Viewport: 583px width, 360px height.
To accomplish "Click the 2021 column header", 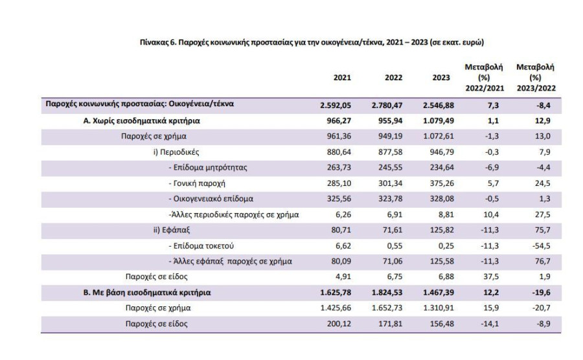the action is (x=342, y=78).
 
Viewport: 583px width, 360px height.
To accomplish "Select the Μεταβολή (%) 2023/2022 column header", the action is (x=536, y=78).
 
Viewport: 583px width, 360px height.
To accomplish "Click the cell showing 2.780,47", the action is (x=387, y=106).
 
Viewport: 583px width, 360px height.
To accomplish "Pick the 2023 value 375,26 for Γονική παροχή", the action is (x=442, y=183).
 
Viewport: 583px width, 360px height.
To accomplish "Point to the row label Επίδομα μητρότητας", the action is (x=208, y=168).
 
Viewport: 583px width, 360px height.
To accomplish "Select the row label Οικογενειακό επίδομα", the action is (x=211, y=199).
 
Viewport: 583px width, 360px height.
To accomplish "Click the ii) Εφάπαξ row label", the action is (x=172, y=230).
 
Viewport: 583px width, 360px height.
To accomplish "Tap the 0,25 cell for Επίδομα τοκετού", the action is (x=446, y=246).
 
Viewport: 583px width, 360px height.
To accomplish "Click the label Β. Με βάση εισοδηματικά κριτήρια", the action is (x=147, y=293).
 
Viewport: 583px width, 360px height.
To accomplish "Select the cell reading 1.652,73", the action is (x=387, y=308).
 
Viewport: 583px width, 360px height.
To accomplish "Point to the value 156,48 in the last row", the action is (x=442, y=324).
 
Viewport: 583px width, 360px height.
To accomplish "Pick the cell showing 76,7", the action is (x=543, y=262).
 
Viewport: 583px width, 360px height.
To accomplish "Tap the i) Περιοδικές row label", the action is (x=176, y=152).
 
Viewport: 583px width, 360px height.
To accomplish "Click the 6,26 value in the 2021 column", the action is (x=343, y=215).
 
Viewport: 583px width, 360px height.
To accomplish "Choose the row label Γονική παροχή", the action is (x=197, y=183).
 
